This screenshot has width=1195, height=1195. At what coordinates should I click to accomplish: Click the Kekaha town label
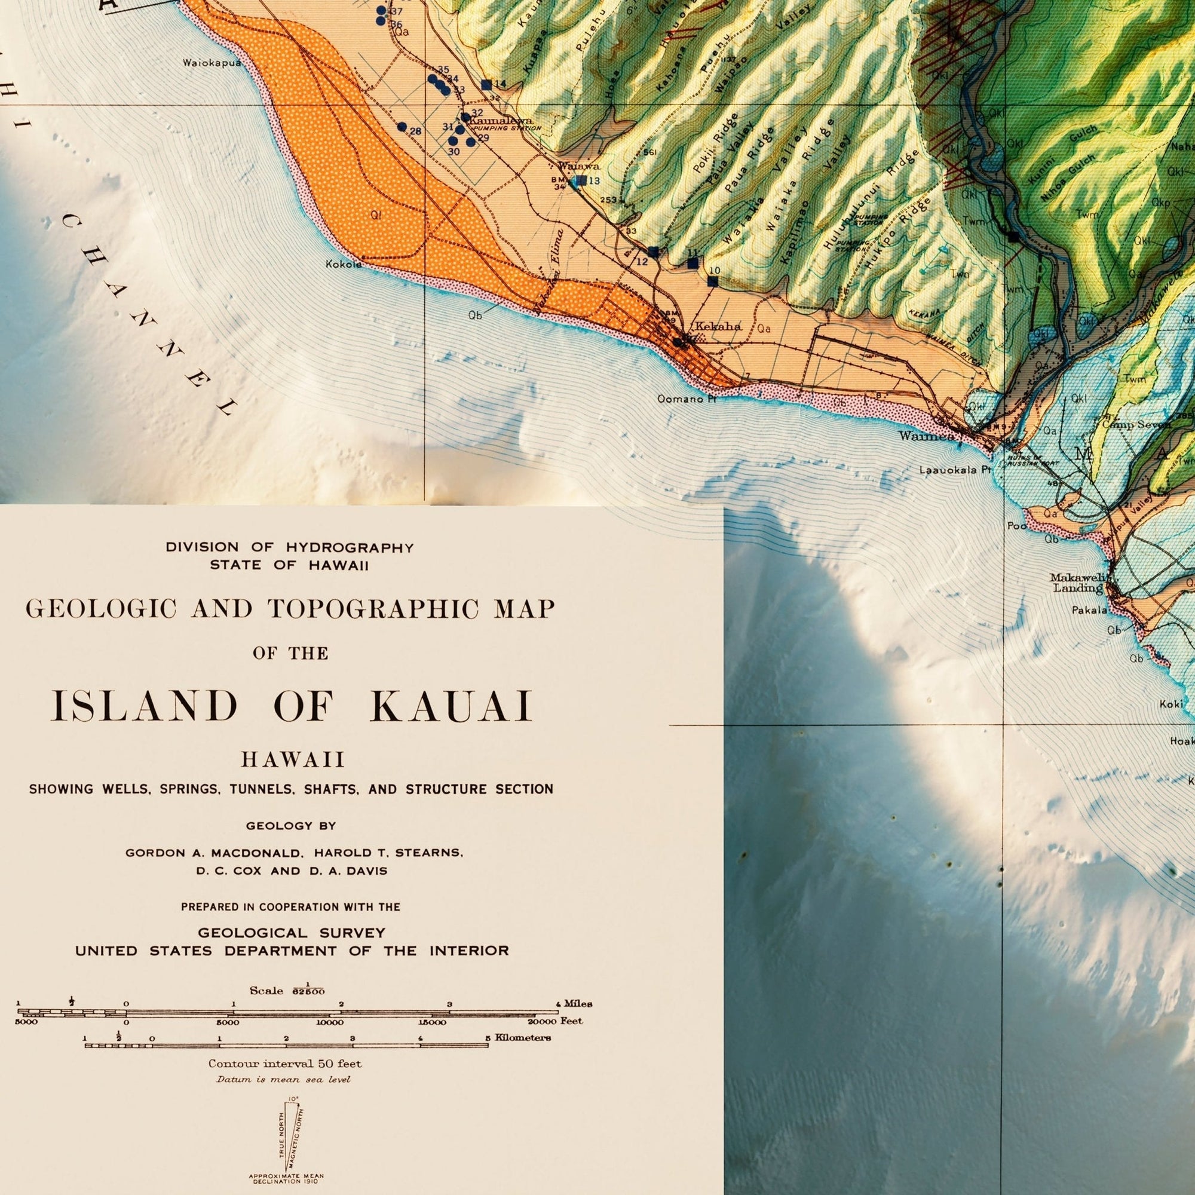(x=718, y=326)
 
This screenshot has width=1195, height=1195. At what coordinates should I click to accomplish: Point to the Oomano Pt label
(x=687, y=399)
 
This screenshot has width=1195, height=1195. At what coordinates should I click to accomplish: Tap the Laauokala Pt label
(x=951, y=470)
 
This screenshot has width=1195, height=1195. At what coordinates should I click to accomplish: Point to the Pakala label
(x=1090, y=611)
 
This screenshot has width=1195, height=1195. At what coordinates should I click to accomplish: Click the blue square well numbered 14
(x=486, y=84)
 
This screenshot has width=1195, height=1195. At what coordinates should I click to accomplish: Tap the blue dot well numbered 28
(x=402, y=127)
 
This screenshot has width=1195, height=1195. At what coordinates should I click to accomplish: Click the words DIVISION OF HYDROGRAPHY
(x=289, y=547)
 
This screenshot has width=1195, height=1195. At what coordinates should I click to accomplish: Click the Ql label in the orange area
(x=375, y=215)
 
